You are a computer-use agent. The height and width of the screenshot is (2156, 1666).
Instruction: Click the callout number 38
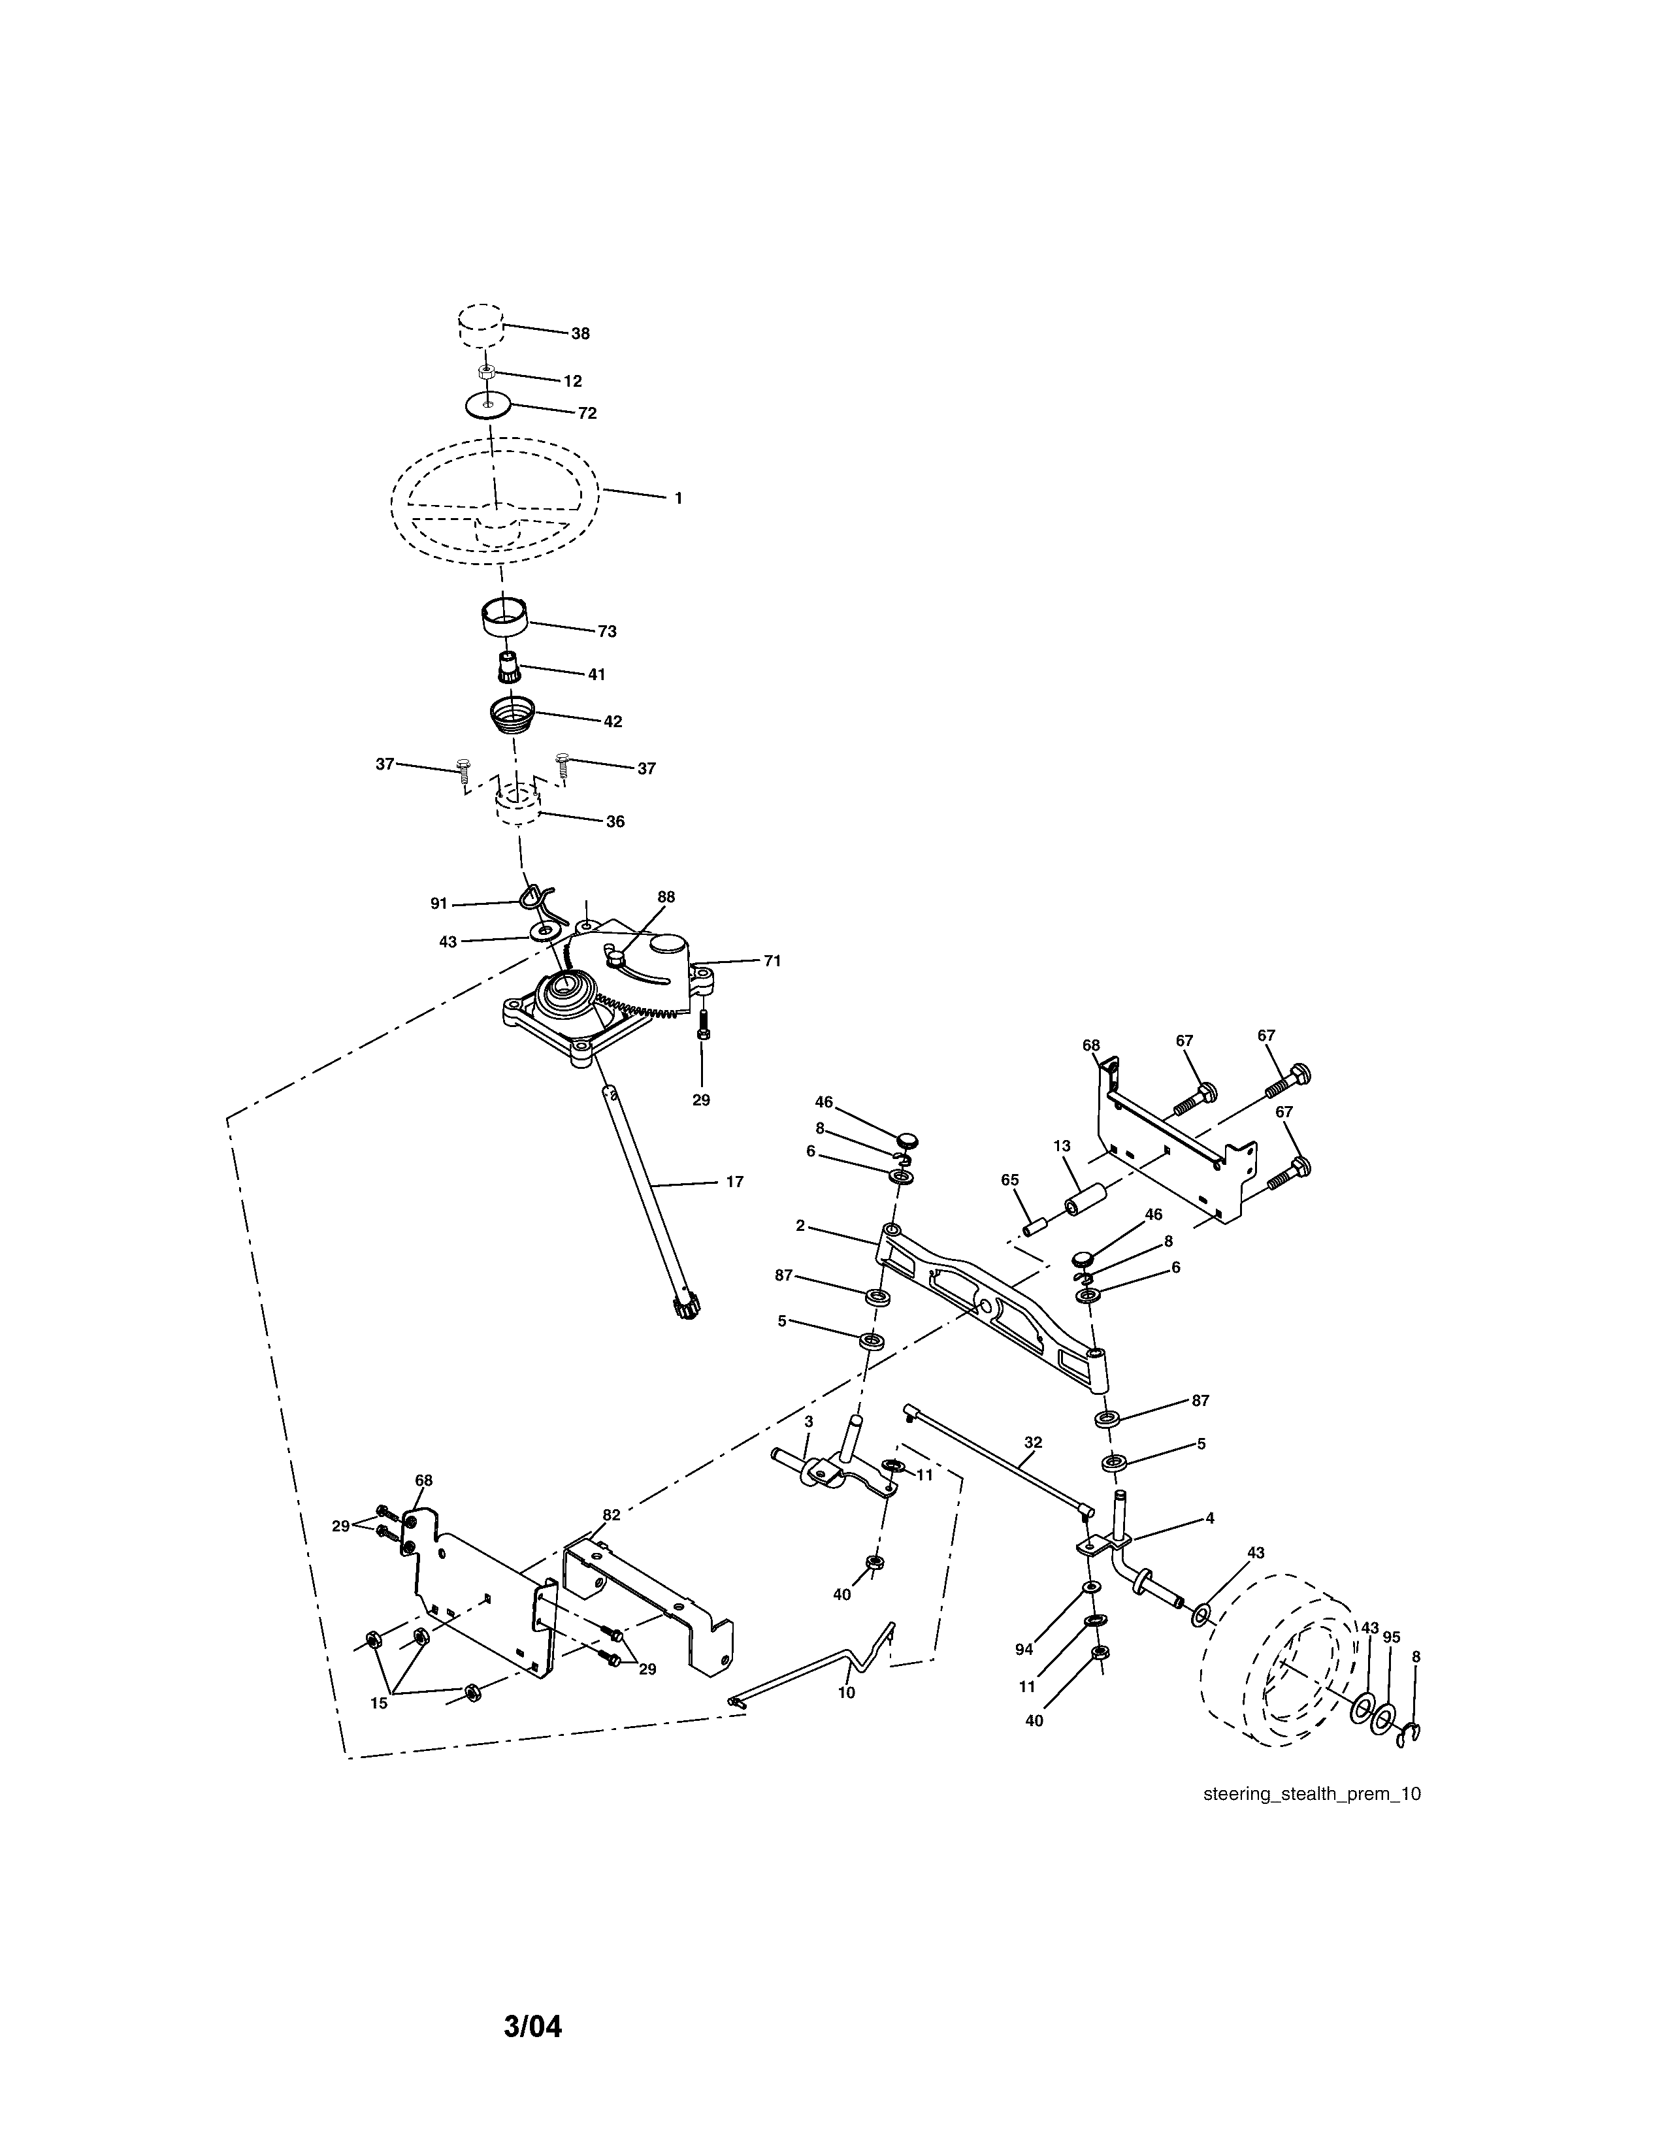pyautogui.click(x=580, y=334)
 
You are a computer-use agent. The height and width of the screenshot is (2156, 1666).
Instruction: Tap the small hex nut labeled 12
pyautogui.click(x=485, y=372)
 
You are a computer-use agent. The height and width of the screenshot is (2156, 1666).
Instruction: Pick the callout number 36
pyautogui.click(x=615, y=821)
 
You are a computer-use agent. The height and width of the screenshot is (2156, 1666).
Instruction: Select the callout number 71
pyautogui.click(x=772, y=960)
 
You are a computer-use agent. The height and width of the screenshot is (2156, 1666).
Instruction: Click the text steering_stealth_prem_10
pyautogui.click(x=1312, y=1793)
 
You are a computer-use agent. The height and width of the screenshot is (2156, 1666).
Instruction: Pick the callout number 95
pyautogui.click(x=1391, y=1637)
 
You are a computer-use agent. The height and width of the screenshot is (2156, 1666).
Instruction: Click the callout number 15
pyautogui.click(x=379, y=1703)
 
